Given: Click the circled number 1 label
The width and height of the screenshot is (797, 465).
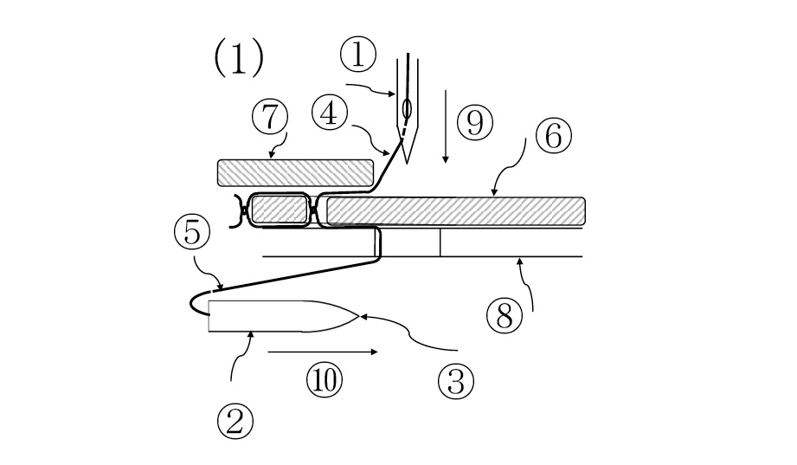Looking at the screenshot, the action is pyautogui.click(x=358, y=55).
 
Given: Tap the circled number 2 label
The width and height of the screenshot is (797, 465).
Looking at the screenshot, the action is pyautogui.click(x=235, y=422).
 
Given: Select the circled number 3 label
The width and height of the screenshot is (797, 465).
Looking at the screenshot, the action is pyautogui.click(x=455, y=381).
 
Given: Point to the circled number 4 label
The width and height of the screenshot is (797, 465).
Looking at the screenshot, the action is pyautogui.click(x=330, y=113).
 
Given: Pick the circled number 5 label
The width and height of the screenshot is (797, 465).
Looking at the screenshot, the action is pyautogui.click(x=191, y=232).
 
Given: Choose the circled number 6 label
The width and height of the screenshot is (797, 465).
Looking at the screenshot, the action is pyautogui.click(x=553, y=135).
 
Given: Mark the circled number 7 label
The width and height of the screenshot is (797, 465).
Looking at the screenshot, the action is pyautogui.click(x=270, y=117).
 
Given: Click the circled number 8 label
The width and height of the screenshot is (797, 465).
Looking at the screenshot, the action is pyautogui.click(x=505, y=315).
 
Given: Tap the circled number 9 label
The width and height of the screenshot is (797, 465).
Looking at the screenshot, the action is pyautogui.click(x=475, y=123).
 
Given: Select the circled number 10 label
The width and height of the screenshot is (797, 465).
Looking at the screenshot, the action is pyautogui.click(x=325, y=379).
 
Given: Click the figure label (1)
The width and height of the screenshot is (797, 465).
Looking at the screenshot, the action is pyautogui.click(x=239, y=58).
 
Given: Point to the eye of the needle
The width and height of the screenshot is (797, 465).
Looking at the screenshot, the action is pyautogui.click(x=407, y=108).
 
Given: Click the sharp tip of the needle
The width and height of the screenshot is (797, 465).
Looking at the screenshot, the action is pyautogui.click(x=407, y=164).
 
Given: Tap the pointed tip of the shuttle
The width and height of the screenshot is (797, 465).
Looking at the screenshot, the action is pyautogui.click(x=360, y=316).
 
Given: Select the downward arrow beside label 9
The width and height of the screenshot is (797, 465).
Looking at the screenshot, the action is pyautogui.click(x=446, y=126).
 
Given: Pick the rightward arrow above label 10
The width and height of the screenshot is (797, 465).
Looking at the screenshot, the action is pyautogui.click(x=323, y=352).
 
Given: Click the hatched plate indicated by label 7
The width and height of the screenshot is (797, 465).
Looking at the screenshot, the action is pyautogui.click(x=295, y=173).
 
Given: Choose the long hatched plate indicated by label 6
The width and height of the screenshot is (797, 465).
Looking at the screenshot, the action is pyautogui.click(x=456, y=211).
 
